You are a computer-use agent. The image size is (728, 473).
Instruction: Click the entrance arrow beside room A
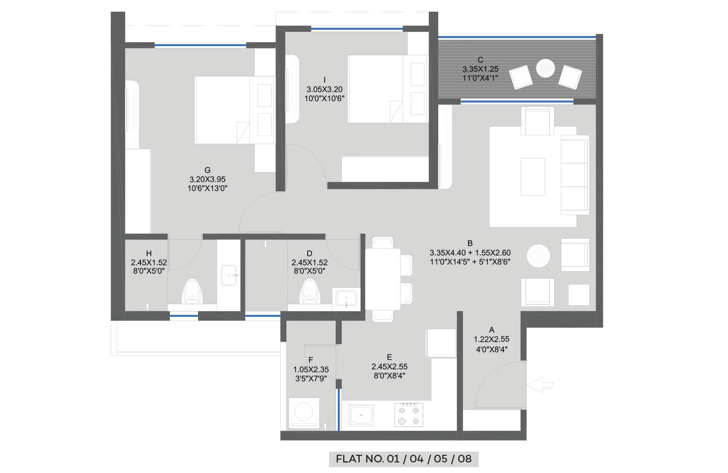[540, 385]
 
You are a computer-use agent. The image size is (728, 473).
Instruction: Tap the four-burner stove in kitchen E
[409, 414]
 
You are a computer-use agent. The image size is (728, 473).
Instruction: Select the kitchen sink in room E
[361, 415]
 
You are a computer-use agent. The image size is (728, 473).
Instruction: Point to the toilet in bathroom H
[192, 291]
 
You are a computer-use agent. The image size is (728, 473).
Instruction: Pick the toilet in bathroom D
[310, 291]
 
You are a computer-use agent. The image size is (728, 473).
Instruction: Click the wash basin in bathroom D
[346, 299]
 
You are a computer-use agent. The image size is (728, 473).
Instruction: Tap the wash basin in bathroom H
[229, 275]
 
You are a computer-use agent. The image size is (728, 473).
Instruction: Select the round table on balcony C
[545, 68]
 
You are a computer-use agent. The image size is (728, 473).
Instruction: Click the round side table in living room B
[538, 256]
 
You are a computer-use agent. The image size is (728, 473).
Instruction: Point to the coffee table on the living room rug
[533, 177]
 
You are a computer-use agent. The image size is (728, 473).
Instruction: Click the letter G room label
[207, 170]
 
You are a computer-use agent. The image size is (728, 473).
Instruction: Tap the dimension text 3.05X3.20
[324, 89]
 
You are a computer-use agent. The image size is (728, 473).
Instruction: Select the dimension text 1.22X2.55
[491, 339]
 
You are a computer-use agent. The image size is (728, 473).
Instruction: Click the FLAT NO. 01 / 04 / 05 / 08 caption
[404, 459]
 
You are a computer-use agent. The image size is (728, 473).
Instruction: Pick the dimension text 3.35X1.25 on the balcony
[480, 69]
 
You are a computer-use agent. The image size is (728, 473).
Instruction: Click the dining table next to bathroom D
[383, 279]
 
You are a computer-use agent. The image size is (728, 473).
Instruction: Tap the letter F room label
[310, 360]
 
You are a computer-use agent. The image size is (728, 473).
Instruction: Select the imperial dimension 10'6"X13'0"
[207, 188]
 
